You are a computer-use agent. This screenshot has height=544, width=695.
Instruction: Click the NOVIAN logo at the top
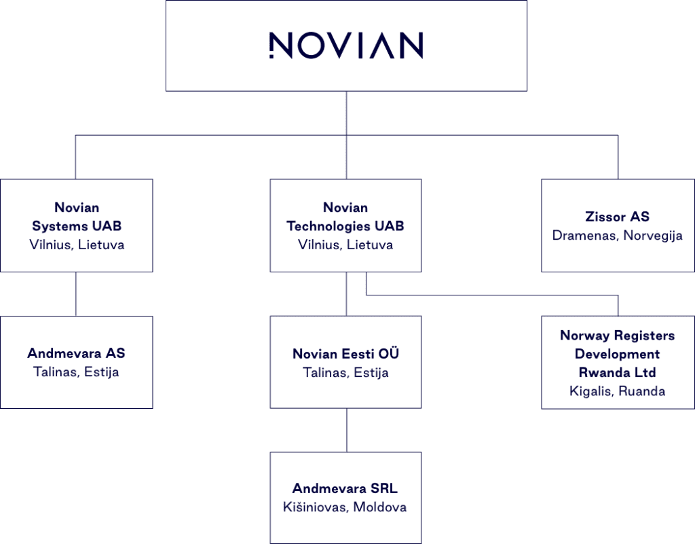[346, 46]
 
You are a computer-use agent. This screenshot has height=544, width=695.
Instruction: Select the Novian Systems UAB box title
[77, 217]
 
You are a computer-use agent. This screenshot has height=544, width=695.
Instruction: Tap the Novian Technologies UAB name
[345, 217]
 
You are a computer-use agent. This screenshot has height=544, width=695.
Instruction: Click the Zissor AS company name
[617, 217]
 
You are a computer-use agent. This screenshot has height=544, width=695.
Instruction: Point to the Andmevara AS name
[76, 353]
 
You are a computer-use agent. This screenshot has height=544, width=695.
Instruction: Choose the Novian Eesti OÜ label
[345, 353]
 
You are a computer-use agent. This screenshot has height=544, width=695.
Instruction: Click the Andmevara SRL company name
[345, 488]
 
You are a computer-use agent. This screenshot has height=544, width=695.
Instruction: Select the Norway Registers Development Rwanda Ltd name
[618, 354]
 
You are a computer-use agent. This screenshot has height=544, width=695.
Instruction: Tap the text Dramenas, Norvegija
[617, 236]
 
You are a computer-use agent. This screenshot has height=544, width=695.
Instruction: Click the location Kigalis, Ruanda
[617, 391]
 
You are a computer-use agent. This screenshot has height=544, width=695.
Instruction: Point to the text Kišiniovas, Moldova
[345, 507]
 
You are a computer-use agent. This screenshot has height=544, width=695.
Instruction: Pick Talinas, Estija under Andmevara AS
[76, 371]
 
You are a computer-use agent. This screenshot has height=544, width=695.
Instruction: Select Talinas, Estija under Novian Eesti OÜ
[345, 372]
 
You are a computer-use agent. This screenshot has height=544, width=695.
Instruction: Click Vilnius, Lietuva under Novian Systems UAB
[77, 244]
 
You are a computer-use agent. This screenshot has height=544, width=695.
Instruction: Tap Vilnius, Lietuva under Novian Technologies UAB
[345, 244]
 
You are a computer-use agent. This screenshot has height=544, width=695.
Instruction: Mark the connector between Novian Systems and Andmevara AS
[76, 294]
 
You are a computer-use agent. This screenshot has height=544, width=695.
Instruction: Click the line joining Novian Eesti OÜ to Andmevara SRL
[347, 430]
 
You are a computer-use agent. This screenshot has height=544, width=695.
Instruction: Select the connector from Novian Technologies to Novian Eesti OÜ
[347, 294]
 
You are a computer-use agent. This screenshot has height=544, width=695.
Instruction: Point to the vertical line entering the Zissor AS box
[618, 157]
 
